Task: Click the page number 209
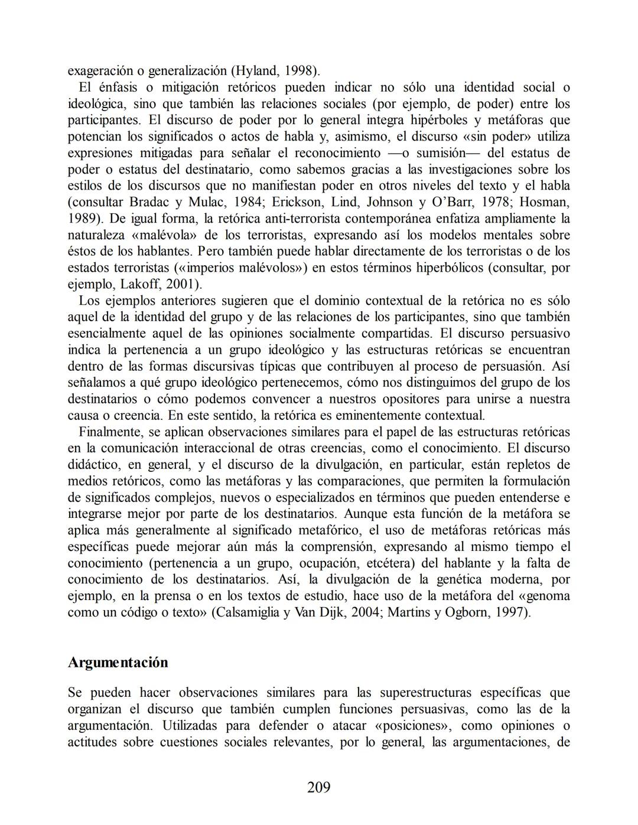coord(318,787)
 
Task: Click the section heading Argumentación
coord(118,662)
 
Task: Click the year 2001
coord(181,285)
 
